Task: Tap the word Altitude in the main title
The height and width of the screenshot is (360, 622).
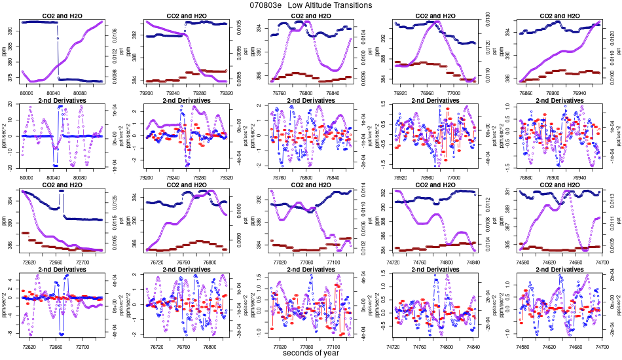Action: click(x=314, y=5)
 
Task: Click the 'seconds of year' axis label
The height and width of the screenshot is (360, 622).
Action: click(x=310, y=353)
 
